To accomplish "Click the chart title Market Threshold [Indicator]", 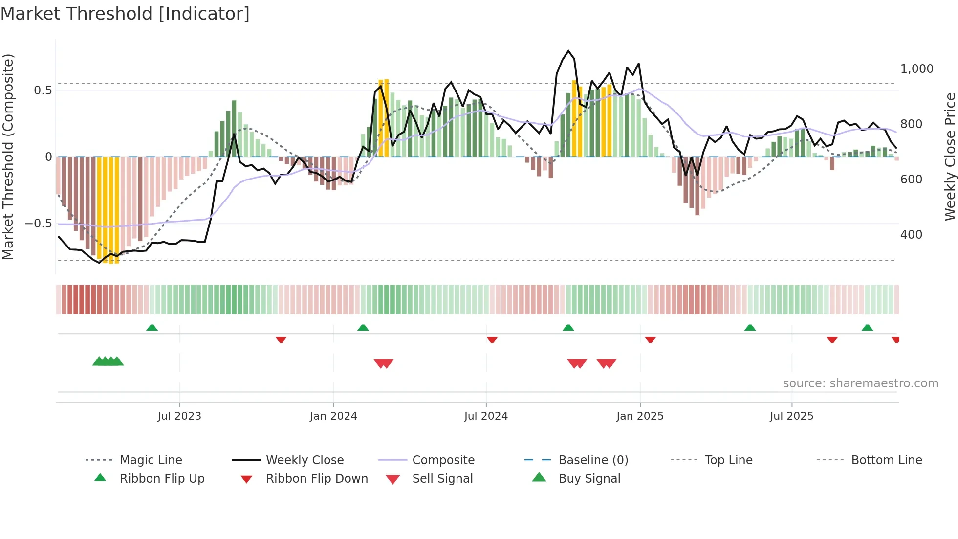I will (125, 13).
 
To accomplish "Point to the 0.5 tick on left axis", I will (43, 90).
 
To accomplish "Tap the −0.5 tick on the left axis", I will (39, 224).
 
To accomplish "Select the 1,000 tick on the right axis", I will (916, 69).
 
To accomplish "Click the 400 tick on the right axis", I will (911, 235).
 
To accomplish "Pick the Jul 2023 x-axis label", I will (179, 416).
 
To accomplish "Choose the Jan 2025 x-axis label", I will (640, 416).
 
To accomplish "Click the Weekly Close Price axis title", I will (950, 157).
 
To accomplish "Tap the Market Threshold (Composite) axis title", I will (8, 157).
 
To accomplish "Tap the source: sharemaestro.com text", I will (860, 383).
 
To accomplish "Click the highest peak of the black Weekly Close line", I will (568, 51).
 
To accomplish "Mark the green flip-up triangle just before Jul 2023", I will (152, 328).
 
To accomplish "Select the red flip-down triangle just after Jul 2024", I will (492, 339).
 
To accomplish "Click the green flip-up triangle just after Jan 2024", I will (363, 328).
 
